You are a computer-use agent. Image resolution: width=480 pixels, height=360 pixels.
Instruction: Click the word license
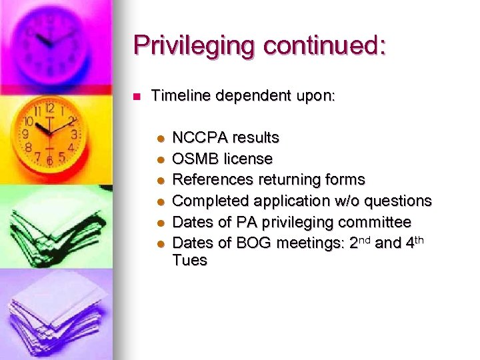point(248,159)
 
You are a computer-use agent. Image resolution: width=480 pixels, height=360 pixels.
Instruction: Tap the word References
point(213,179)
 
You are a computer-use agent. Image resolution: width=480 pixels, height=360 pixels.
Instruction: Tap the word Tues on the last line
point(189,260)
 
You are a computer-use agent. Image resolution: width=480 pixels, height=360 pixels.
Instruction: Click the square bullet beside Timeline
point(137,97)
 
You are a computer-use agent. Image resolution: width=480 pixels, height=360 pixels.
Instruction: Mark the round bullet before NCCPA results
point(159,139)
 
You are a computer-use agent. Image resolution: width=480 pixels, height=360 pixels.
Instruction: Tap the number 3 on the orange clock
point(74,135)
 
